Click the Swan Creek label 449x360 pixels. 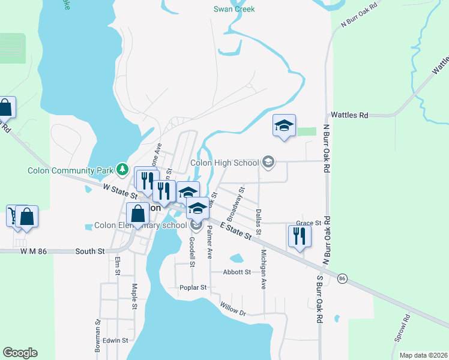tap(234, 9)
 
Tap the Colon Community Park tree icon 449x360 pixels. tap(122, 170)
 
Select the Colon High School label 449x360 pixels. tap(224, 162)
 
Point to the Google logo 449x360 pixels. tap(20, 353)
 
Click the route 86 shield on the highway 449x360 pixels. tap(342, 278)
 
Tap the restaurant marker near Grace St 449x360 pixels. tap(298, 235)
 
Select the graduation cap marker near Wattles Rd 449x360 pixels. tap(284, 125)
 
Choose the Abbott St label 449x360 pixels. tap(237, 272)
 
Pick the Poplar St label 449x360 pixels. tap(193, 287)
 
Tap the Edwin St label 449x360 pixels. tap(115, 340)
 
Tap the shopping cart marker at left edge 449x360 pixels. tap(12, 215)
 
